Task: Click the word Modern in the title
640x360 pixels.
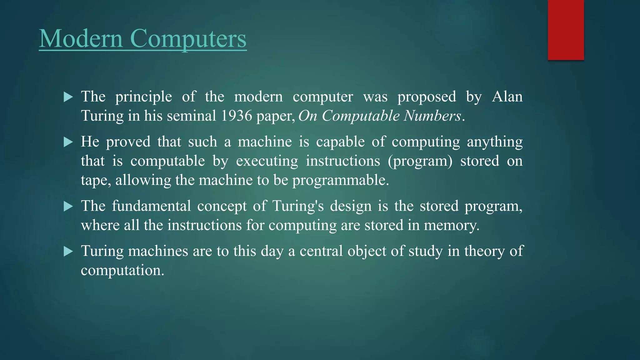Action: click(81, 38)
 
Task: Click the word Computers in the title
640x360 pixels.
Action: click(188, 38)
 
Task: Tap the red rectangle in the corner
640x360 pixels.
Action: click(566, 30)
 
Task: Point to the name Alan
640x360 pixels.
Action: click(507, 97)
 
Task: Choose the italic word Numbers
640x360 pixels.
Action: click(432, 116)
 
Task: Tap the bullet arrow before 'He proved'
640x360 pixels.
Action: click(68, 142)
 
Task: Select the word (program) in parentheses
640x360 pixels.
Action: click(420, 161)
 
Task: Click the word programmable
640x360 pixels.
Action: click(340, 180)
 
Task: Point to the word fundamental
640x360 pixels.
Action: click(151, 206)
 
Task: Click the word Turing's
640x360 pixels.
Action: click(298, 206)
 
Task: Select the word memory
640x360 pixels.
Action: click(451, 225)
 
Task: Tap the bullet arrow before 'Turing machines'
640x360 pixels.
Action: click(68, 251)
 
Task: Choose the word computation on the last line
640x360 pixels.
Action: click(122, 270)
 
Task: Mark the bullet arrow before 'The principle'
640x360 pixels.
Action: click(68, 97)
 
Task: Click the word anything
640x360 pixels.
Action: click(495, 142)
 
